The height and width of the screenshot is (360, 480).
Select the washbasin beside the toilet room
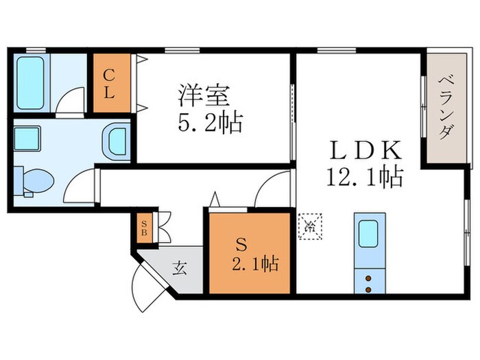[x=115, y=141]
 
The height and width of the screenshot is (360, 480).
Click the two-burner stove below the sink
[x=369, y=283]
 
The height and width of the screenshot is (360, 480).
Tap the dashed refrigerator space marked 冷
[x=309, y=224]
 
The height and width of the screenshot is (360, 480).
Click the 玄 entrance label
[x=179, y=268]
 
